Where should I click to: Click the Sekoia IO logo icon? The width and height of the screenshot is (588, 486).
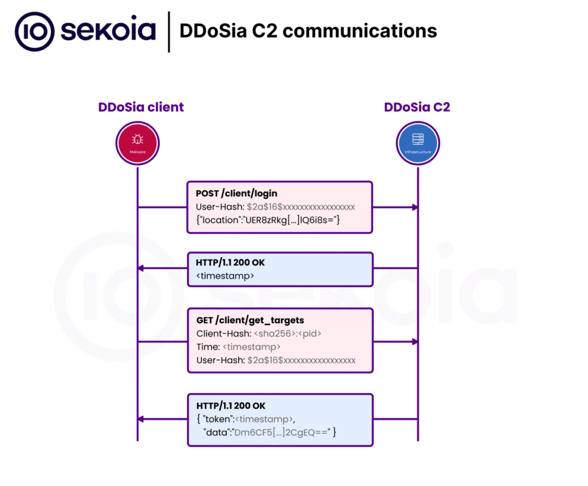pyautogui.click(x=35, y=31)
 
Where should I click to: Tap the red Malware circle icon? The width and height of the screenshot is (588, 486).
pyautogui.click(x=137, y=143)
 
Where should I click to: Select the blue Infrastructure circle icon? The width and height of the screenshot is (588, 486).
pyautogui.click(x=417, y=143)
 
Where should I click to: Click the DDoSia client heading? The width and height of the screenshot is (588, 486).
pyautogui.click(x=141, y=108)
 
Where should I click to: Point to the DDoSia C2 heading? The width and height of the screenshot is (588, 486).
pyautogui.click(x=417, y=108)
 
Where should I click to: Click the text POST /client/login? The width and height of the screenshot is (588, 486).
pyautogui.click(x=237, y=193)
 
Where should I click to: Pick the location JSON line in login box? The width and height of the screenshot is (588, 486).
pyautogui.click(x=268, y=219)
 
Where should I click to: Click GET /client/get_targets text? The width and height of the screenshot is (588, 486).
pyautogui.click(x=250, y=320)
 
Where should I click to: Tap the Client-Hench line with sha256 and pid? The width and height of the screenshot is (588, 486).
pyautogui.click(x=259, y=334)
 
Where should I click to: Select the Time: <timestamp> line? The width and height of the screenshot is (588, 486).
pyautogui.click(x=238, y=347)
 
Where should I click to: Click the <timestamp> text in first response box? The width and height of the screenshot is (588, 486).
pyautogui.click(x=225, y=276)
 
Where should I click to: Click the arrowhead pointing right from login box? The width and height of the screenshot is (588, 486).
pyautogui.click(x=415, y=207)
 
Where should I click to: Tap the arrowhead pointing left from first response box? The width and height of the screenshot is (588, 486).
pyautogui.click(x=141, y=268)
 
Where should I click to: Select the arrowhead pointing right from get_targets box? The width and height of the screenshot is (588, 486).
pyautogui.click(x=415, y=341)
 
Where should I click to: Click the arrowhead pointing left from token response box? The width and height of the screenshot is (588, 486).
pyautogui.click(x=141, y=419)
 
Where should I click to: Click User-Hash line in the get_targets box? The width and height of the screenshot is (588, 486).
pyautogui.click(x=275, y=360)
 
